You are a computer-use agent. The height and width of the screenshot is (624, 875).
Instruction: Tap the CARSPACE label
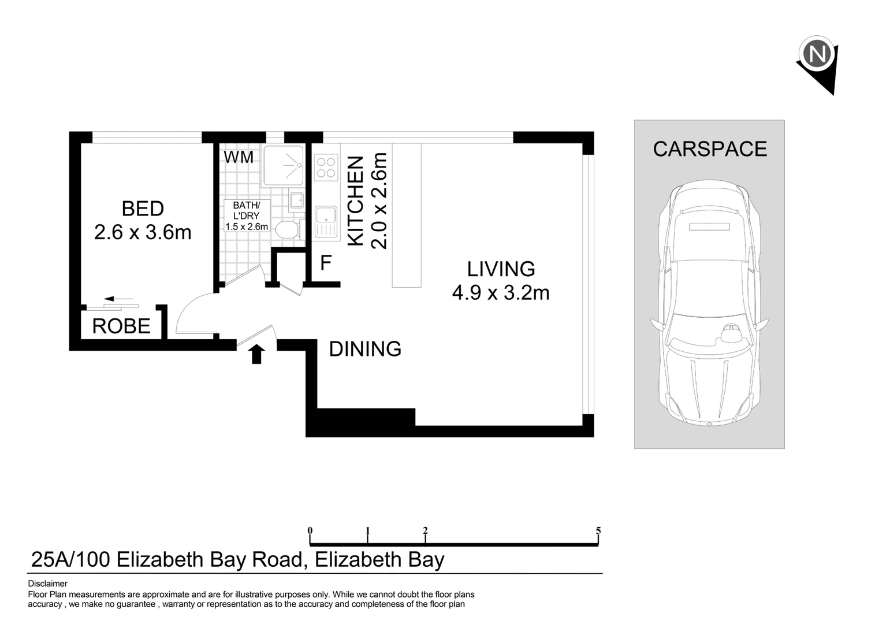coord(709,149)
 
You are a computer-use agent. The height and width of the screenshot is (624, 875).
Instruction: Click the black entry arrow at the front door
coord(257,354)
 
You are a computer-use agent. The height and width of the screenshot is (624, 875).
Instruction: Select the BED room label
coord(143,209)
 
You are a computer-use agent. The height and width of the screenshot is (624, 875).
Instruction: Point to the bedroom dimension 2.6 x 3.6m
coord(143,232)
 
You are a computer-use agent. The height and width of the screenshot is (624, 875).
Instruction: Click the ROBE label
coord(121,326)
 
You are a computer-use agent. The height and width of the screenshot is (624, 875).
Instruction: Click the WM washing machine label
coord(239,157)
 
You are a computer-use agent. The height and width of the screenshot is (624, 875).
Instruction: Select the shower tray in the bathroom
coord(283,165)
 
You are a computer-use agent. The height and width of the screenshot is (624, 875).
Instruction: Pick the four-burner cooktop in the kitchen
coord(326,168)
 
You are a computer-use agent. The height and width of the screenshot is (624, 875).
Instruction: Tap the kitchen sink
coord(326,222)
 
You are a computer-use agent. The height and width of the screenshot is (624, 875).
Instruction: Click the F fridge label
coord(326,263)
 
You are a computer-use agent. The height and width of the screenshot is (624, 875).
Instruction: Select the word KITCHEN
coord(356,200)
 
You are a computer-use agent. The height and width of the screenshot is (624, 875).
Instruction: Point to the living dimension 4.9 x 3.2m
coord(500,292)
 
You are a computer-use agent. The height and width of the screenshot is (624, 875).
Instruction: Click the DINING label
coord(365,349)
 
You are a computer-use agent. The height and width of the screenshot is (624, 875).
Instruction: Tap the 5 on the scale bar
coord(598,530)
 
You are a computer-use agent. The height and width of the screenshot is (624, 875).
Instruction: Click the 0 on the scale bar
coord(310,530)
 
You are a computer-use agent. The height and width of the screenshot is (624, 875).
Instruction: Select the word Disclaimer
coord(47,584)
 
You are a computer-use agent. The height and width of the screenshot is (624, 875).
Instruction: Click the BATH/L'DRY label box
coord(247,216)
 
